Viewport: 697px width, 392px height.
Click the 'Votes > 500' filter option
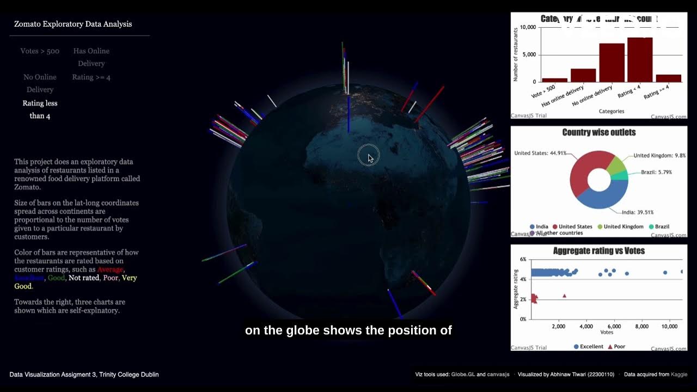tap(40, 51)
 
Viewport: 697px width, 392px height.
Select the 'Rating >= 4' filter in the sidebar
tap(91, 77)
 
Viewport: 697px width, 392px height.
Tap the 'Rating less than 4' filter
tap(40, 109)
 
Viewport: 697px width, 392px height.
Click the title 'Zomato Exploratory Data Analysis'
tap(73, 24)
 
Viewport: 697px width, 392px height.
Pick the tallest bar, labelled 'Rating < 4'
tap(640, 60)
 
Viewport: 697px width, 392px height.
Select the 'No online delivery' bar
tap(612, 63)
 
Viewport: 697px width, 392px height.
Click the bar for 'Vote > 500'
tap(554, 80)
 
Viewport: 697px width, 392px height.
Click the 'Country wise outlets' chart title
tap(598, 132)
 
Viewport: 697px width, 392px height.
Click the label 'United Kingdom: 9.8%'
tap(659, 156)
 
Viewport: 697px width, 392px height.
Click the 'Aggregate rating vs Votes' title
tap(598, 251)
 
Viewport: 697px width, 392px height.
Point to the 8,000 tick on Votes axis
tap(642, 327)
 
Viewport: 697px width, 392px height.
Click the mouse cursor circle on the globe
tap(368, 156)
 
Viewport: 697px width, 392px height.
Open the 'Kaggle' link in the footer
tap(678, 375)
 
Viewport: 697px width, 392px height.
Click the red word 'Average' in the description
tap(111, 269)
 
